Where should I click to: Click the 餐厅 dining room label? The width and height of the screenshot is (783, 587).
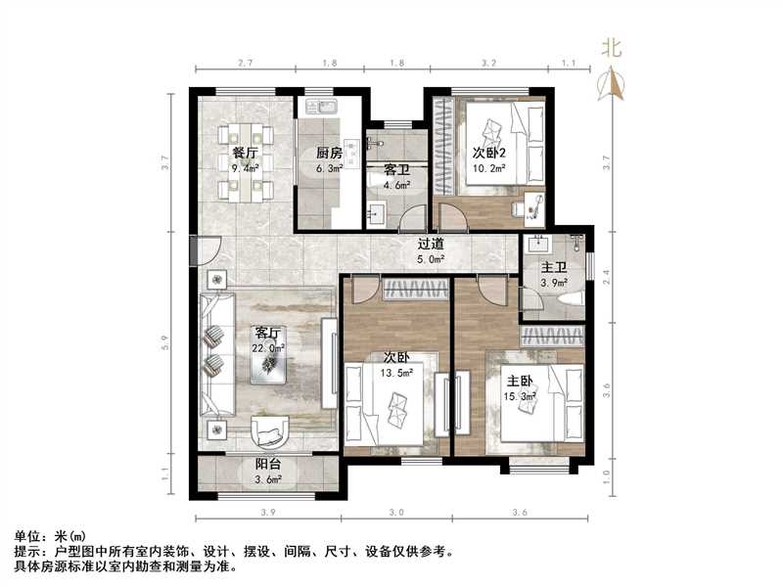click(246, 153)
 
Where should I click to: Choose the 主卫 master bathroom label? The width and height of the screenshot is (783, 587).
click(554, 267)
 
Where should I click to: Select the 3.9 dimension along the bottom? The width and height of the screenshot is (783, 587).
click(267, 512)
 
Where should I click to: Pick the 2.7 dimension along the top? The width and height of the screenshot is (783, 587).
click(246, 63)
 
